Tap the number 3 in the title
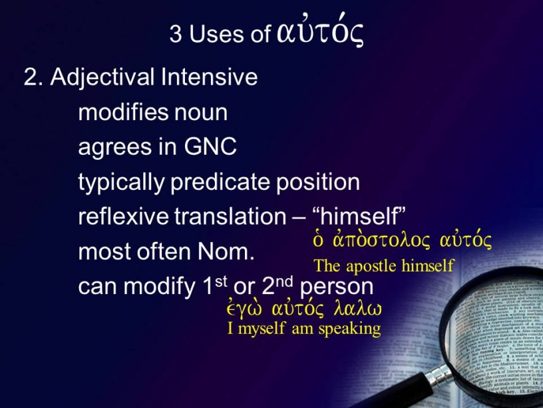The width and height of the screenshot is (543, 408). pos(176,34)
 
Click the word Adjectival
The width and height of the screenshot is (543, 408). pos(102,78)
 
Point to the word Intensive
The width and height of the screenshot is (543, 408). pos(209,77)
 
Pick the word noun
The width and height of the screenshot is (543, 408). pos(200,113)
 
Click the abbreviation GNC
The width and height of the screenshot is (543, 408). pos(210,147)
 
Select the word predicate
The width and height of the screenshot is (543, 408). pos(220,182)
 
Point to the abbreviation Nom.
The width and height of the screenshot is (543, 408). pos(226,251)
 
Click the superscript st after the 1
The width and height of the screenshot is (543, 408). pos(221,281)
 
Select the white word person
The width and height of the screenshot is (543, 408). pos(337,287)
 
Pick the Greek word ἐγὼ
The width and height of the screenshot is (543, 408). pos(244,308)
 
